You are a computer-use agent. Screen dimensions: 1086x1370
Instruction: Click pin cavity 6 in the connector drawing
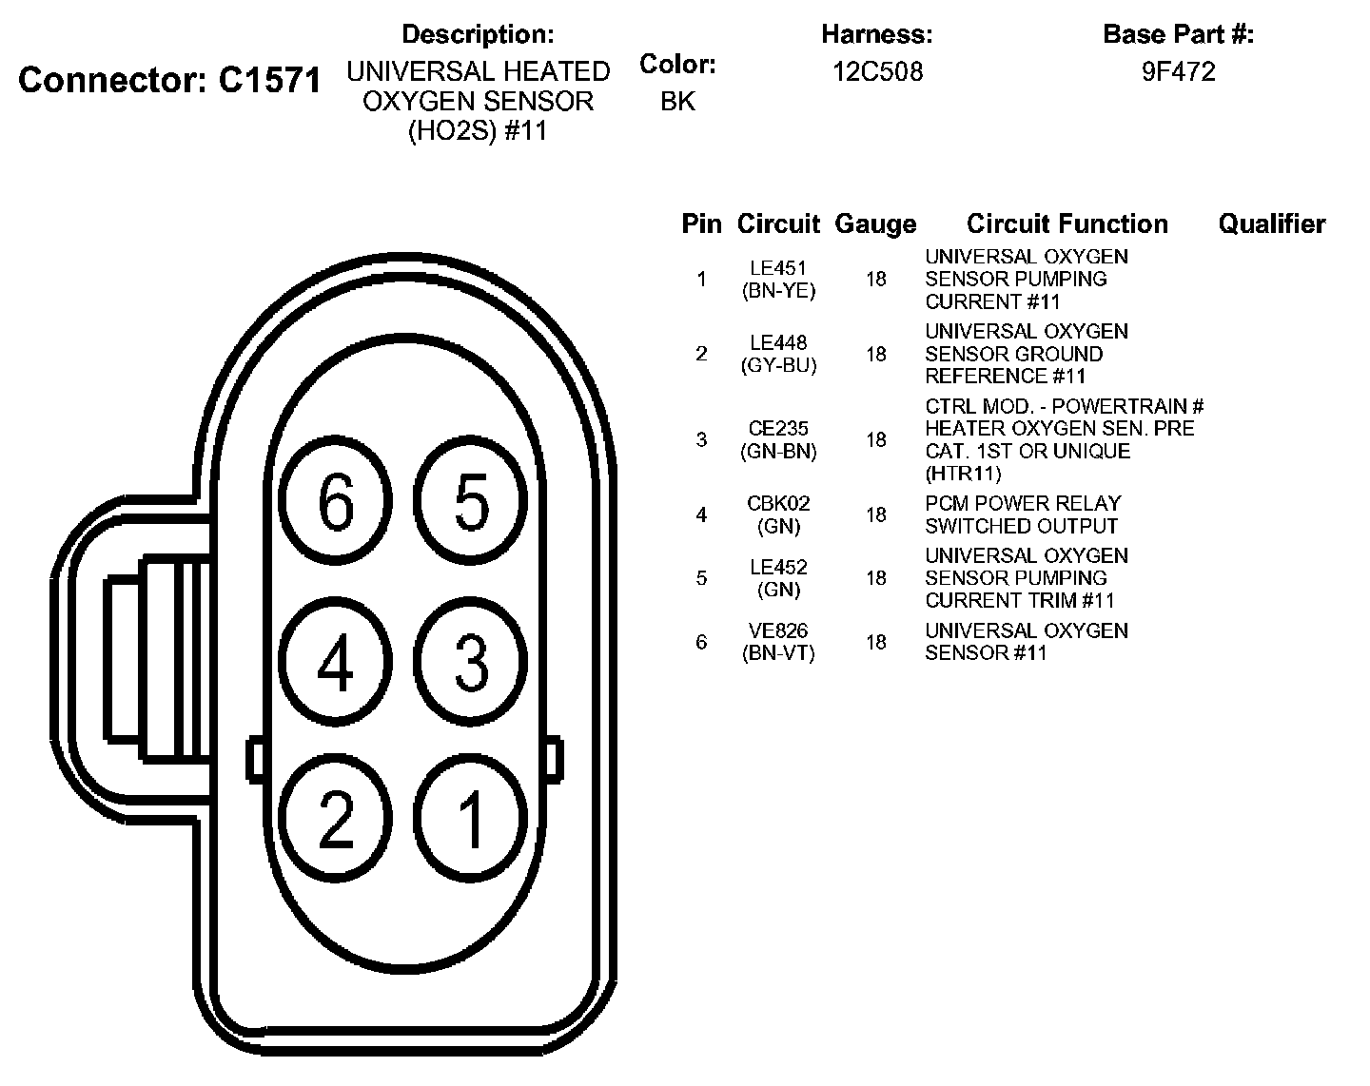336,502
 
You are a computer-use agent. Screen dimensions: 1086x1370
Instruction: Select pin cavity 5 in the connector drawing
471,501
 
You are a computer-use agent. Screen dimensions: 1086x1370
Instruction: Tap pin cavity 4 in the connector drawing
336,661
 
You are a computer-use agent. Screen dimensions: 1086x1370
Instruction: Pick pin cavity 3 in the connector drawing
471,661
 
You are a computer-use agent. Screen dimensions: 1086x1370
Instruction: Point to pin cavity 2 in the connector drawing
336,818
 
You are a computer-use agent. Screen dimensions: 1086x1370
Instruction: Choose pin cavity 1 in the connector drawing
471,818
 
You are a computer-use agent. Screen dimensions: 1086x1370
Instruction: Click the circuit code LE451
778,268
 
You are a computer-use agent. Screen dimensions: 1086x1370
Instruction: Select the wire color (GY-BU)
778,365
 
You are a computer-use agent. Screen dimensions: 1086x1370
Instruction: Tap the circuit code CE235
778,429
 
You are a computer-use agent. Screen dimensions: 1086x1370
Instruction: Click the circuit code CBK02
778,503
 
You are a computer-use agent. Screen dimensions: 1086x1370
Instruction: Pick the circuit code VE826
778,630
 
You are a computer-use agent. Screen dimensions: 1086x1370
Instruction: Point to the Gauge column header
875,224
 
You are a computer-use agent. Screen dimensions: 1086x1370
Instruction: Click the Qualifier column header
1271,224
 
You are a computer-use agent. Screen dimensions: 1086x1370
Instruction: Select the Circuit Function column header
1067,224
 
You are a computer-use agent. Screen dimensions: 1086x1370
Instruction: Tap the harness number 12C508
877,72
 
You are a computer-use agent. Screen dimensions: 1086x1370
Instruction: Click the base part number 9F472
1178,72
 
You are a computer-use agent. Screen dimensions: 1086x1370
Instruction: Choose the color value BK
677,101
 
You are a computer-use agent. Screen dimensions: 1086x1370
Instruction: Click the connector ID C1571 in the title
270,80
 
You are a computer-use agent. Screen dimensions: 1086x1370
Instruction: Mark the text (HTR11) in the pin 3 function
963,474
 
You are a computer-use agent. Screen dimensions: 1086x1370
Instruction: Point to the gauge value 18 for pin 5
875,578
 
